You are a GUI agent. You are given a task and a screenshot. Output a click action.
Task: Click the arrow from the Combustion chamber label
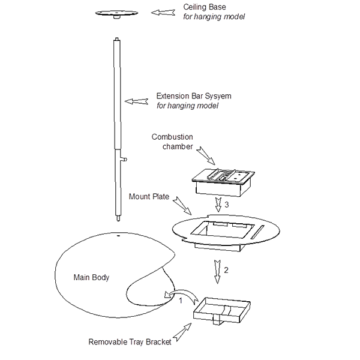[x=208, y=157]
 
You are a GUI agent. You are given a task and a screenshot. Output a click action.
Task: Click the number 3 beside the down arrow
[x=227, y=205]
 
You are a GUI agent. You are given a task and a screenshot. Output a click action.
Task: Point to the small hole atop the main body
[x=118, y=237]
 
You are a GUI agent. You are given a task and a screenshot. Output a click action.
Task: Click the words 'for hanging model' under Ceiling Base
[x=214, y=17]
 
